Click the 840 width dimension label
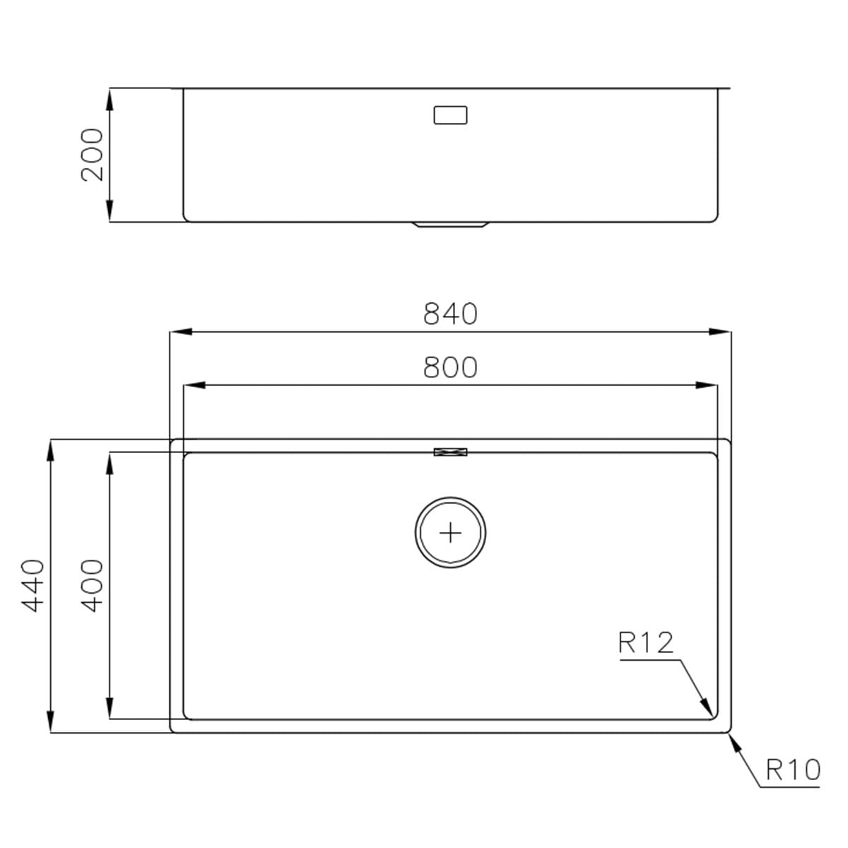click(x=450, y=314)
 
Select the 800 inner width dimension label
click(x=450, y=367)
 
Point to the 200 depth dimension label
click(x=93, y=155)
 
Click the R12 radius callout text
click(x=646, y=643)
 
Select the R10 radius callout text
click(x=793, y=768)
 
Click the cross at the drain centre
click(x=450, y=532)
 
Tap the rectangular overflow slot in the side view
click(x=450, y=114)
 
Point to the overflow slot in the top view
click(x=450, y=452)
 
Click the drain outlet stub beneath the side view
click(x=450, y=224)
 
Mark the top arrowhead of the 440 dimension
click(x=50, y=449)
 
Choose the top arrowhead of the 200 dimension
click(x=110, y=99)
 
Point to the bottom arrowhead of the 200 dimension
click(x=110, y=211)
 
